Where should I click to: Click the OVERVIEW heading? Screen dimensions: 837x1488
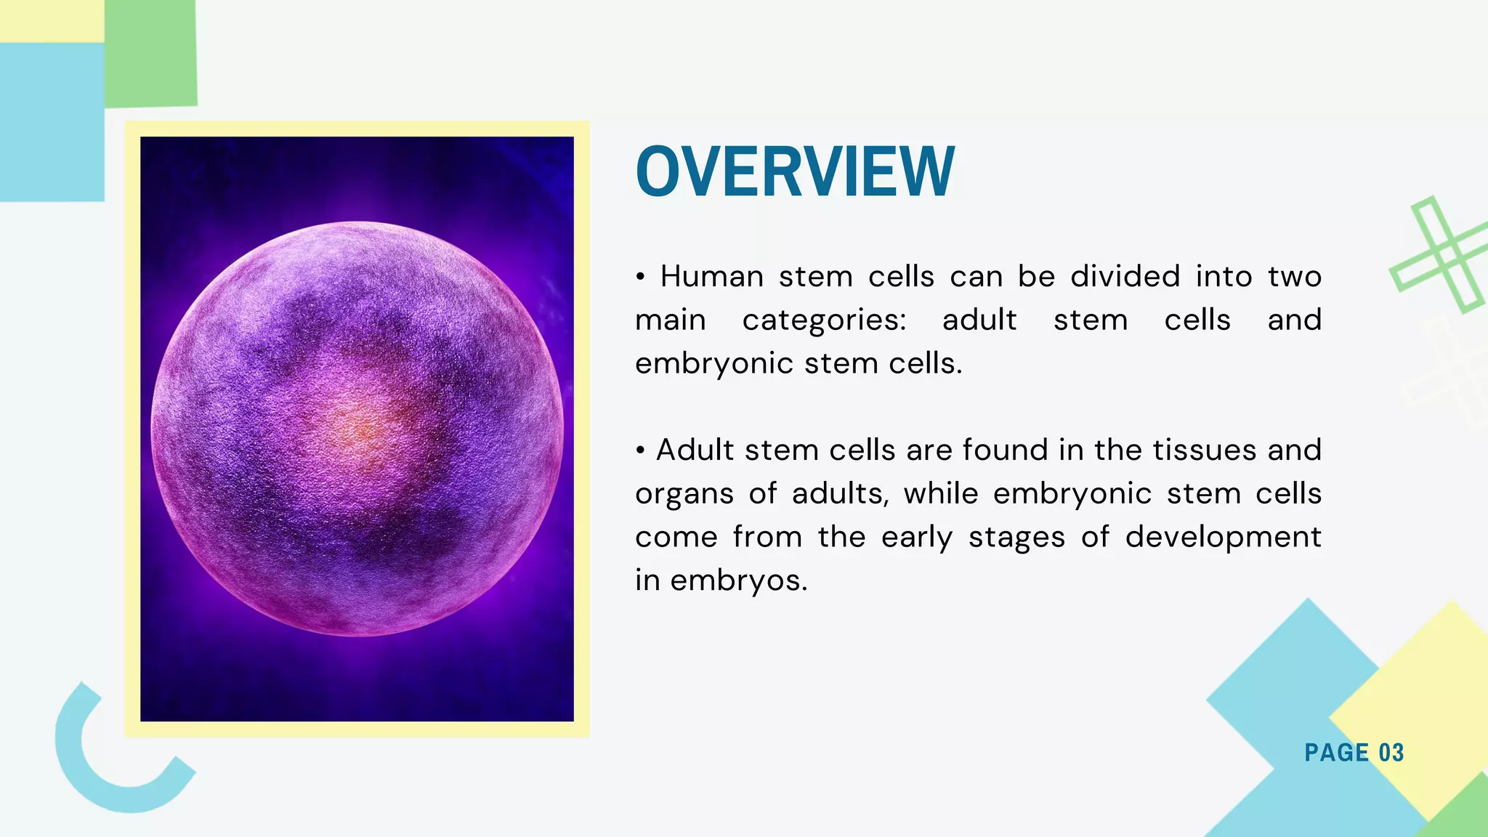(795, 172)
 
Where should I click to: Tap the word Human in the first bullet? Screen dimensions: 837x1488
(711, 277)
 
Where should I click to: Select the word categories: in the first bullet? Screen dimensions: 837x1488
(824, 320)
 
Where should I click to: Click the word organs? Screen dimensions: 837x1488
(684, 495)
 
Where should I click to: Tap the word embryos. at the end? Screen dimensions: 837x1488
(738, 581)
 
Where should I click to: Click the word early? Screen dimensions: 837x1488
(916, 538)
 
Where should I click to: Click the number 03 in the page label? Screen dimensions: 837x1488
(1391, 753)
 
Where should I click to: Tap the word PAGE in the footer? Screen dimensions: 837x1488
(1336, 753)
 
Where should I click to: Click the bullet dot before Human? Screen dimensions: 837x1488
(640, 278)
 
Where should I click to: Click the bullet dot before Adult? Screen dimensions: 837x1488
(640, 451)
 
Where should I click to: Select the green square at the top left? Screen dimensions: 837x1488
(150, 53)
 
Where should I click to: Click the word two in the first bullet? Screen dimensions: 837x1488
(1294, 277)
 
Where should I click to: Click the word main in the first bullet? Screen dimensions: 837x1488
(670, 320)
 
